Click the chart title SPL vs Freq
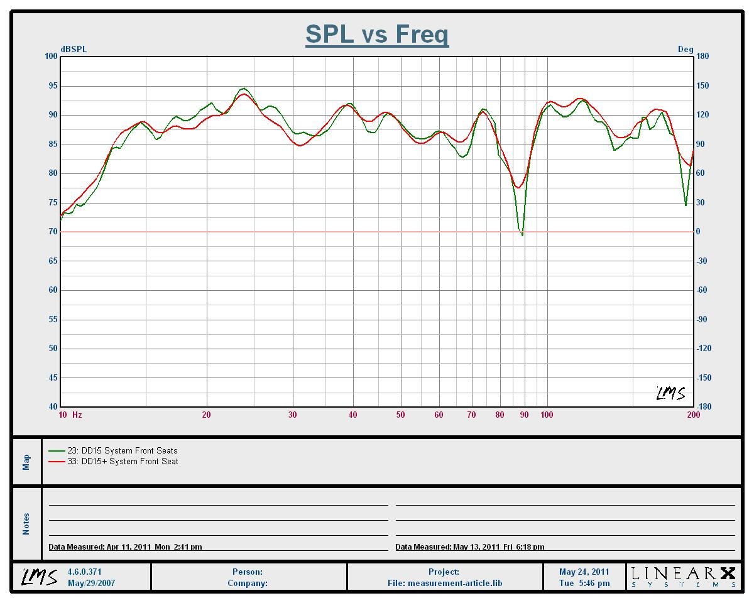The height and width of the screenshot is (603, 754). pos(377,34)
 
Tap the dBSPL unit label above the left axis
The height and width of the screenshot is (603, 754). pos(74,50)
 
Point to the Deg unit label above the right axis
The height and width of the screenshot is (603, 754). pos(686,50)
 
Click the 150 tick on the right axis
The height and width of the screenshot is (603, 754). pos(702,85)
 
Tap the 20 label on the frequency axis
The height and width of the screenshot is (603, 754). pos(206,415)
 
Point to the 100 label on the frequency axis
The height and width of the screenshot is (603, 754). pos(547,415)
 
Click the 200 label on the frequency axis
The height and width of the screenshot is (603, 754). pos(693,415)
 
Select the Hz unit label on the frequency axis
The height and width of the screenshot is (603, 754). pos(77,415)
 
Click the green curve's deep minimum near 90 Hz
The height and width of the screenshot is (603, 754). pos(522,235)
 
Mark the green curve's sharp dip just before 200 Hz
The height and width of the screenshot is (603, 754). pos(686,205)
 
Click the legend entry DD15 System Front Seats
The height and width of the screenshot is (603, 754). pos(123,450)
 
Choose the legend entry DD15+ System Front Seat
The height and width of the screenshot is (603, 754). pos(123,461)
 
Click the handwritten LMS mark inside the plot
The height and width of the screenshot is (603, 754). pos(670,393)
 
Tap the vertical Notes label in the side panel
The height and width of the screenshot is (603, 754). pos(26,524)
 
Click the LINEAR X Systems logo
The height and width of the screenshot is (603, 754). pos(683,577)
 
